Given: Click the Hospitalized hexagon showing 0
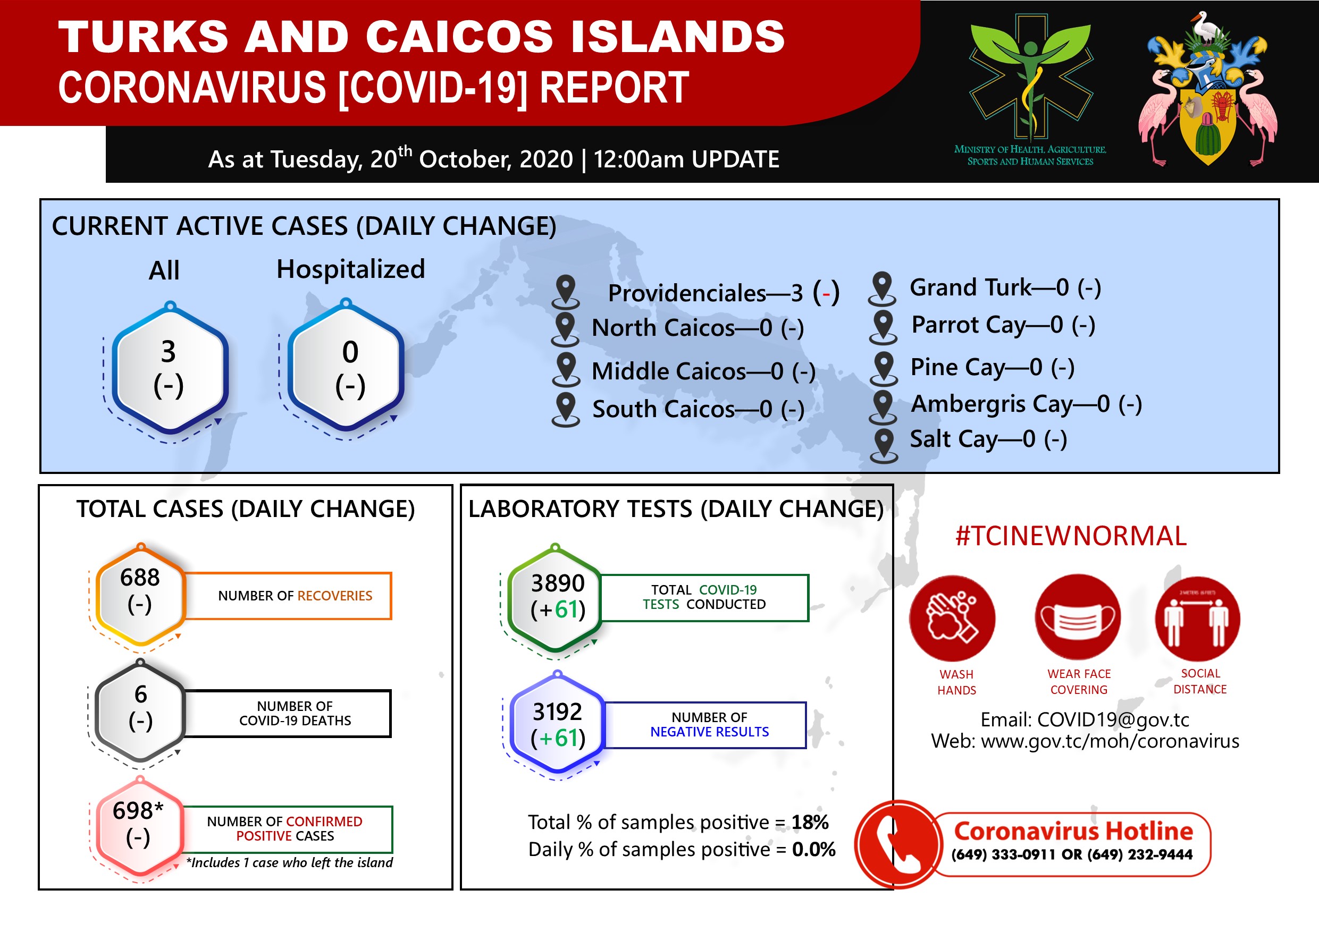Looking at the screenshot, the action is [346, 367].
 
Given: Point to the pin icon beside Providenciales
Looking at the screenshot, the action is [566, 292].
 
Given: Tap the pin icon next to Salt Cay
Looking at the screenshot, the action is [884, 446].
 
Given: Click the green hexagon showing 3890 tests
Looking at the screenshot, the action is [556, 599].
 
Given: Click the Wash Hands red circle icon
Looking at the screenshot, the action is [953, 618].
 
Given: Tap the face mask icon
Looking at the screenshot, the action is [1078, 617].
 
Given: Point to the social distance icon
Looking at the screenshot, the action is [1198, 618].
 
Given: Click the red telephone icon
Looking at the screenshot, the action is [899, 844].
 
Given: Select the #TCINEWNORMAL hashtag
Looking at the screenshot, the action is [1071, 536].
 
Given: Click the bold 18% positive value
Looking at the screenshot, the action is [810, 823].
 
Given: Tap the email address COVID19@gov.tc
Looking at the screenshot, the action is [1113, 719].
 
